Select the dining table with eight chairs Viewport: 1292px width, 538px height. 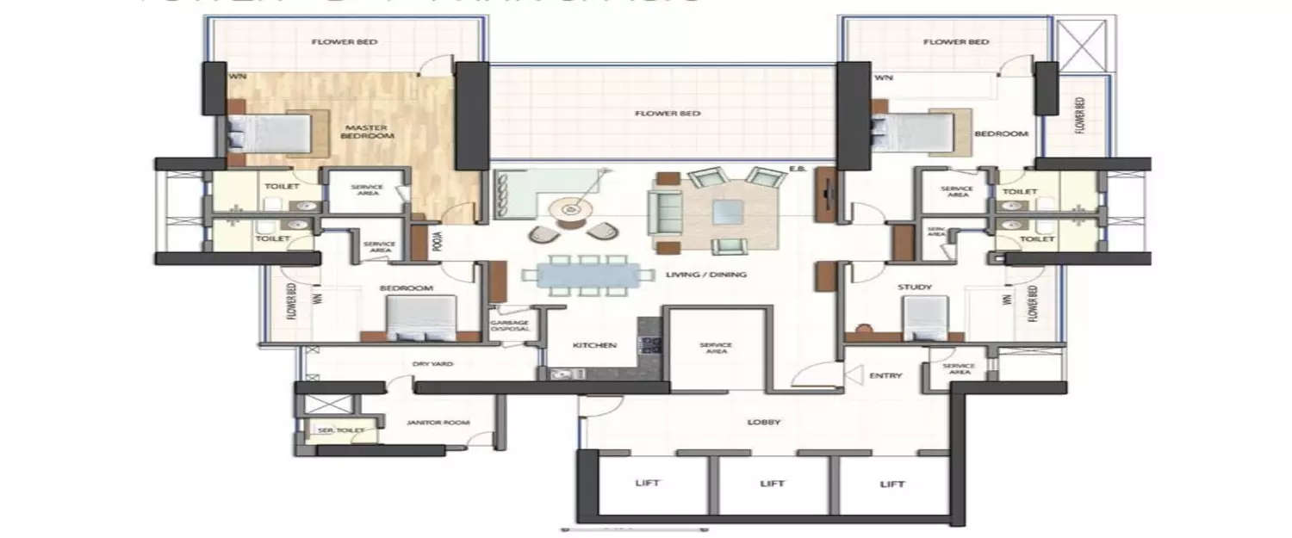587,275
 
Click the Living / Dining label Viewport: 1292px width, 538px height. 693,275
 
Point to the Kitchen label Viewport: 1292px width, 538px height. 595,345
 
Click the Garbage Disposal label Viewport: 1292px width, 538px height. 509,325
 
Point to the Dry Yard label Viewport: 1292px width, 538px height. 432,364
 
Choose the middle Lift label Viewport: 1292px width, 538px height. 772,484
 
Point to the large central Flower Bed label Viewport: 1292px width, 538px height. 667,113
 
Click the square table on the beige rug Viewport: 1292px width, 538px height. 728,208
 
